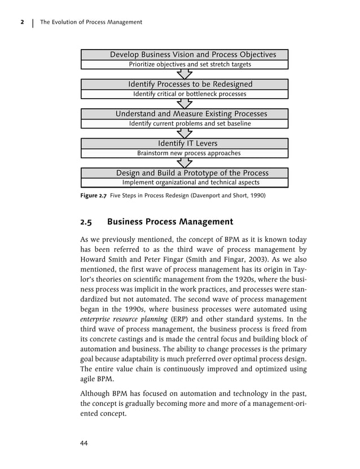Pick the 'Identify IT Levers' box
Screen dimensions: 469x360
pos(185,143)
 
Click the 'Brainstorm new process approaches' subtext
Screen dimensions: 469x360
pos(185,153)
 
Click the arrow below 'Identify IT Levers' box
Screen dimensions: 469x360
pos(185,163)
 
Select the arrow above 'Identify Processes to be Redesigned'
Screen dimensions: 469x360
pos(185,74)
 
